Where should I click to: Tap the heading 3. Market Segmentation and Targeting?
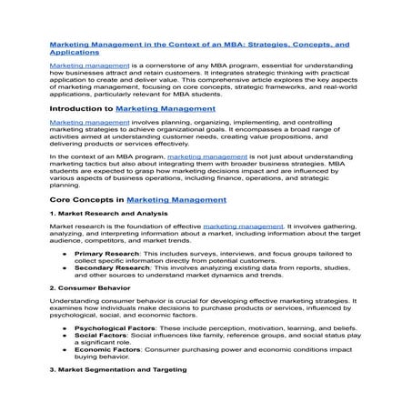point(117,370)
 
